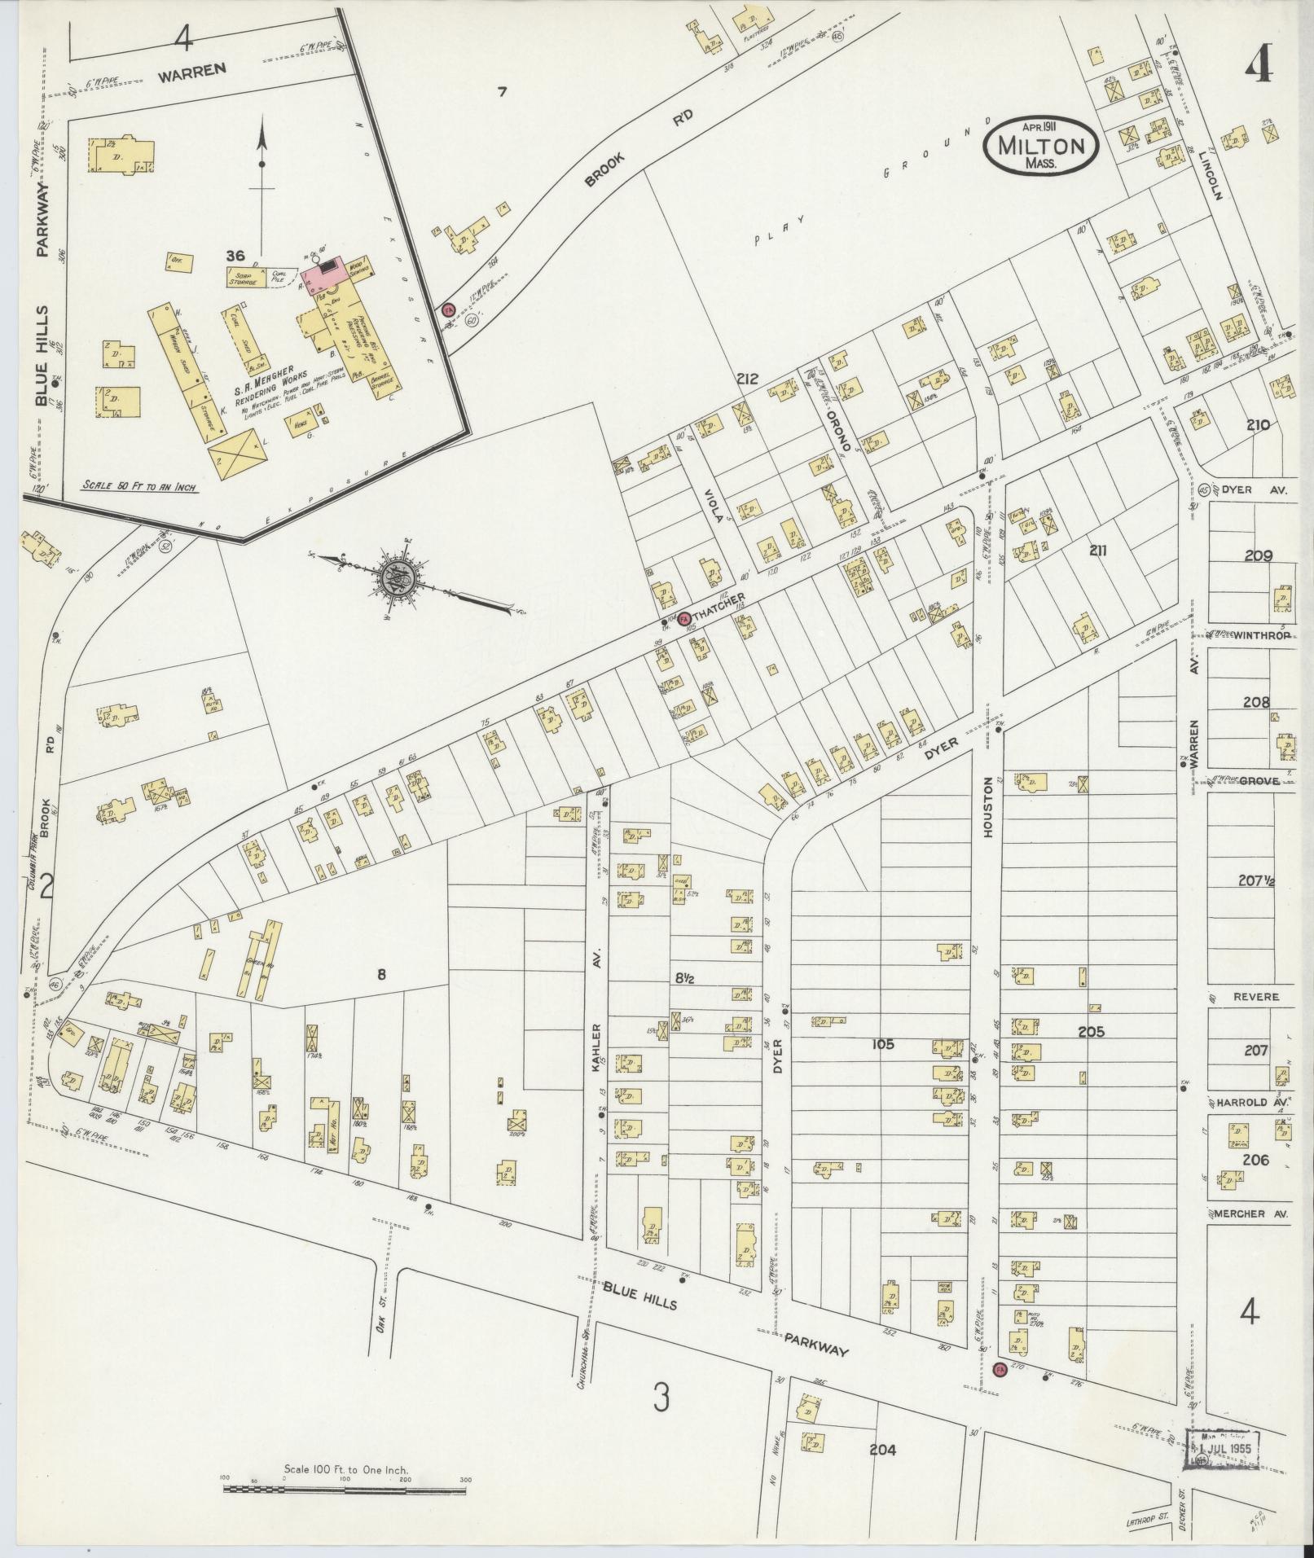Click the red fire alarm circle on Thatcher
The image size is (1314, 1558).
684,618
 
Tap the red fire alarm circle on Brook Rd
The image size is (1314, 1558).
446,309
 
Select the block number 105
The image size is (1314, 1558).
882,1043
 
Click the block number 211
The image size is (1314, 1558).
1097,551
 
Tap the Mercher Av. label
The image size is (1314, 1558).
1250,1236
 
